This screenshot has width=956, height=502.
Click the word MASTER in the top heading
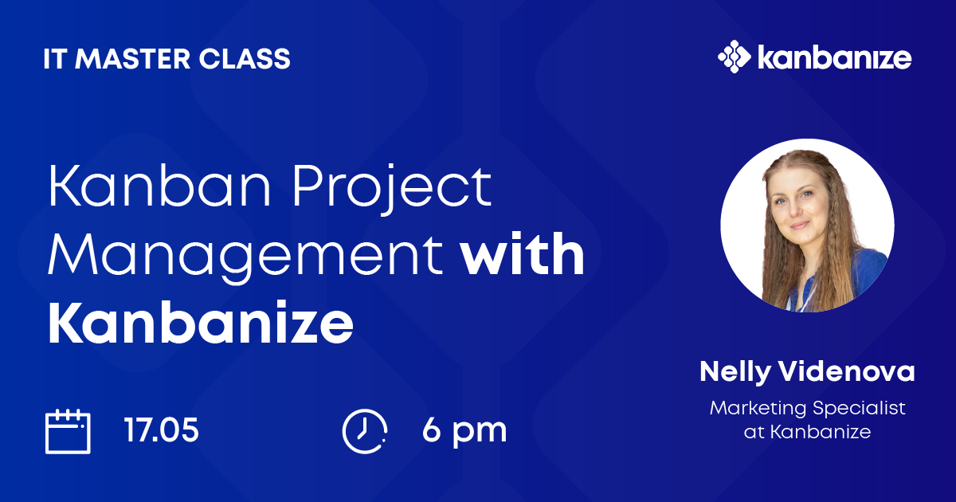tap(133, 58)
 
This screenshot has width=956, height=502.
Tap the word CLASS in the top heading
tap(245, 58)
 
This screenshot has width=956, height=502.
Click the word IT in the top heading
tap(55, 58)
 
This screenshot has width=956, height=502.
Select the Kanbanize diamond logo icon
tap(734, 57)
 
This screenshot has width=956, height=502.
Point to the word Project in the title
tap(392, 188)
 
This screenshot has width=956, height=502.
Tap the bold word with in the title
tap(523, 253)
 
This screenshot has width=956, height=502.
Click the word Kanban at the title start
tap(159, 186)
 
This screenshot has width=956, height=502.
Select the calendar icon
tap(68, 432)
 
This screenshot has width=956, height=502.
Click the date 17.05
tap(161, 429)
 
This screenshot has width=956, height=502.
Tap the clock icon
tap(364, 431)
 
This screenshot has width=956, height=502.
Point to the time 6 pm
tap(464, 431)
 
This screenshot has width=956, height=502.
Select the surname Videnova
tap(847, 371)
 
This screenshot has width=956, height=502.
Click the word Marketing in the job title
tap(758, 409)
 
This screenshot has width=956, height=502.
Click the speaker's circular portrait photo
tap(807, 225)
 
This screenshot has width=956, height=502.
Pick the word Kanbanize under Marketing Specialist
tap(821, 432)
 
